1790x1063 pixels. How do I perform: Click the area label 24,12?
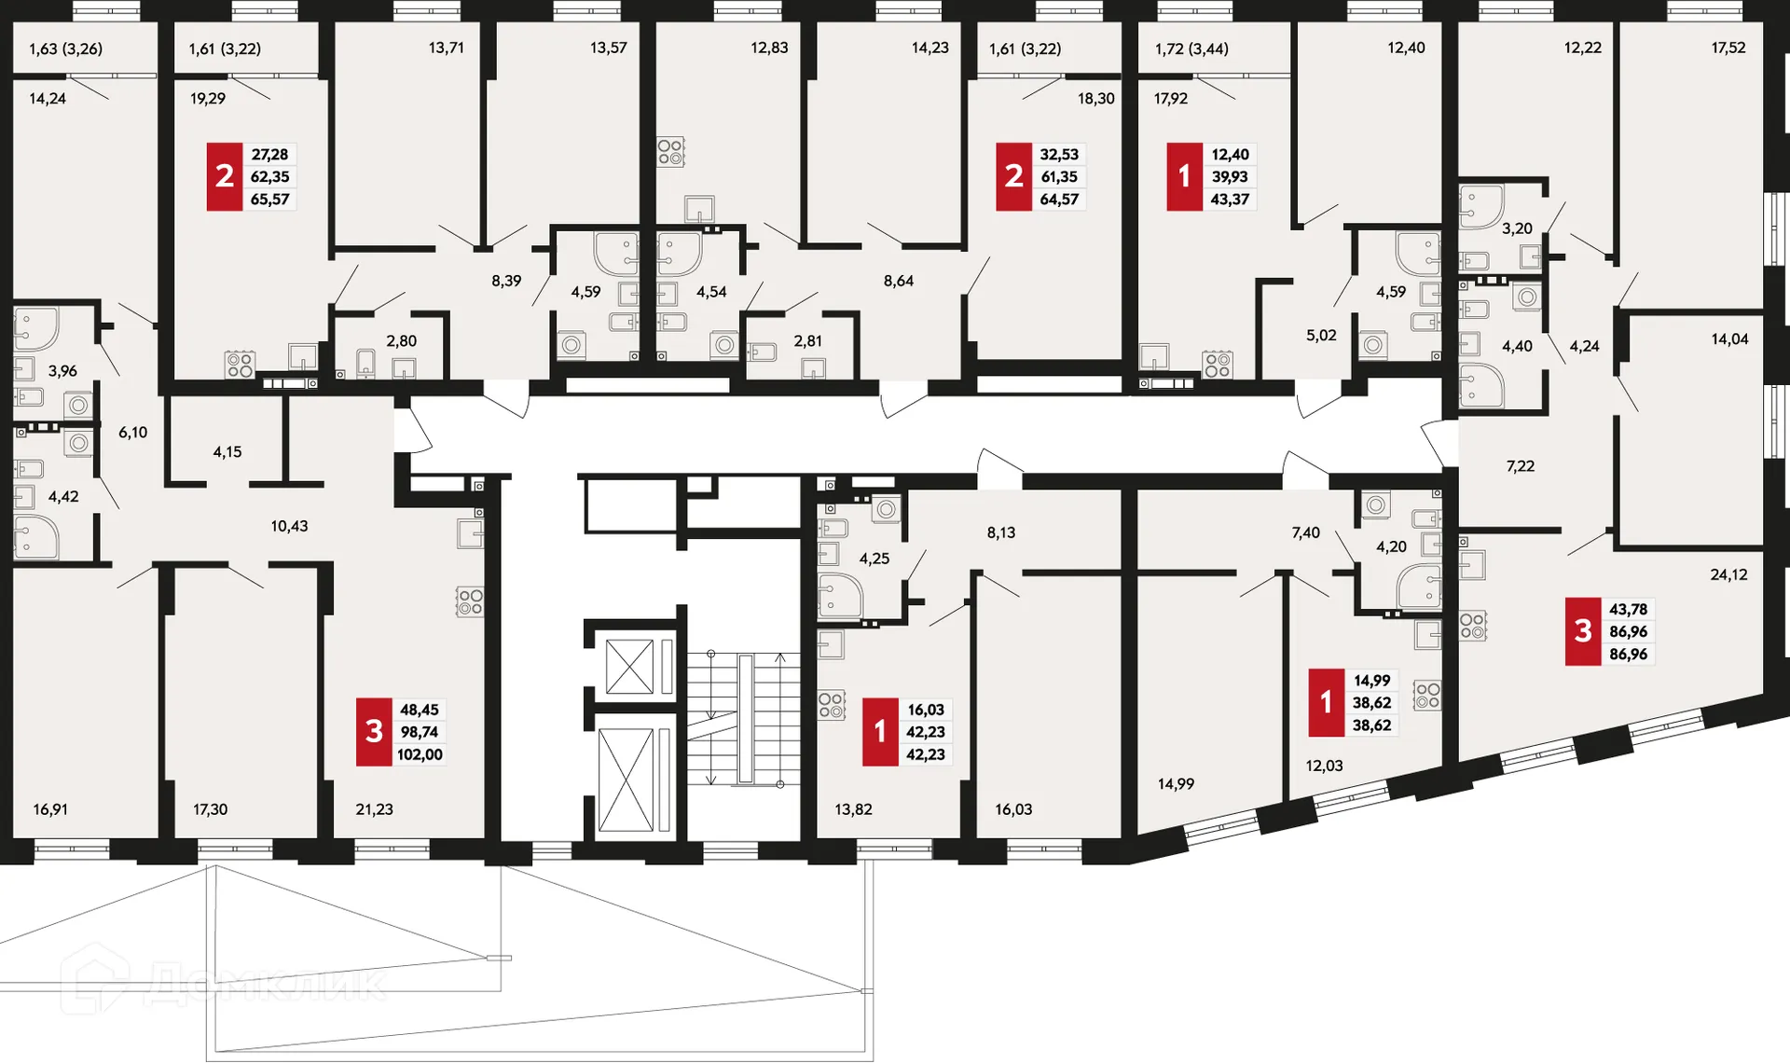tap(1728, 574)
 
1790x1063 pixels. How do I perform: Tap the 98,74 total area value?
tap(420, 732)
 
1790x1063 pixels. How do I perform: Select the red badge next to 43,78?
tap(1582, 631)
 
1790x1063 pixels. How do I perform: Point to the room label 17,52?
tap(1728, 48)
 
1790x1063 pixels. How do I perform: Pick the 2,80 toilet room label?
tap(402, 341)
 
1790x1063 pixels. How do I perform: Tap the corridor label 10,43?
tap(289, 526)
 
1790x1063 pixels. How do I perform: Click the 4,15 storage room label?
tap(227, 452)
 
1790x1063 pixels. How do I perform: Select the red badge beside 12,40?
tap(1184, 176)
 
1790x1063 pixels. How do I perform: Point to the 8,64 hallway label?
tap(899, 281)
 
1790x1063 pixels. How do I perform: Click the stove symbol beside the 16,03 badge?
tap(832, 705)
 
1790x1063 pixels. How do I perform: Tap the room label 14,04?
tap(1729, 339)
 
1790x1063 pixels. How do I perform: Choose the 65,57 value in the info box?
tap(269, 200)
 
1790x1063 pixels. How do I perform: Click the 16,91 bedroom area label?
tap(50, 809)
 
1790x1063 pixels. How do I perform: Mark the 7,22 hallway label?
tap(1520, 466)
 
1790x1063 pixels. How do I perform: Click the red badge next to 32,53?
tap(1013, 176)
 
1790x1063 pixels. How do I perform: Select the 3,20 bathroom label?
tap(1517, 228)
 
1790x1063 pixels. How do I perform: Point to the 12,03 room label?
tap(1324, 766)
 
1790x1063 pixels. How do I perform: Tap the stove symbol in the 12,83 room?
tap(670, 151)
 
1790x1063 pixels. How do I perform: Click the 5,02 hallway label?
tap(1321, 336)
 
